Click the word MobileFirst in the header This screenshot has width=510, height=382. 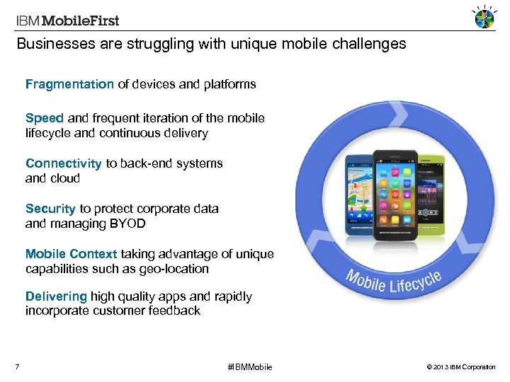tap(79, 21)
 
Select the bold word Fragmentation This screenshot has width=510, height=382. tap(69, 84)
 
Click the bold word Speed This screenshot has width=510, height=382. tap(45, 118)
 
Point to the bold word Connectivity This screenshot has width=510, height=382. tap(64, 163)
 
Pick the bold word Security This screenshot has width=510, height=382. tap(50, 209)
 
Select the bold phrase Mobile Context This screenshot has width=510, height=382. tap(71, 254)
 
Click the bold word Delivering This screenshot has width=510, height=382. tap(56, 296)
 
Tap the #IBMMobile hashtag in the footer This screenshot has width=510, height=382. tap(249, 367)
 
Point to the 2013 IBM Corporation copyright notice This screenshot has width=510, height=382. tap(462, 367)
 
